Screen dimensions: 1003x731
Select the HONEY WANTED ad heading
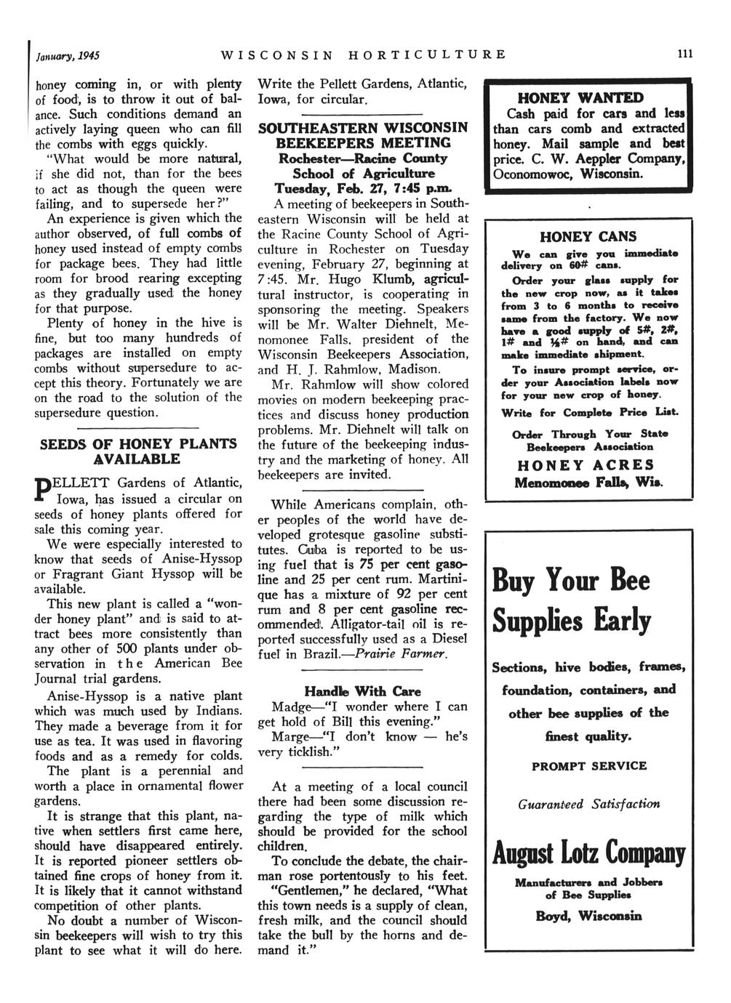pyautogui.click(x=589, y=98)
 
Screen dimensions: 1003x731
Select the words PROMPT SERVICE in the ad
pyautogui.click(x=589, y=766)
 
